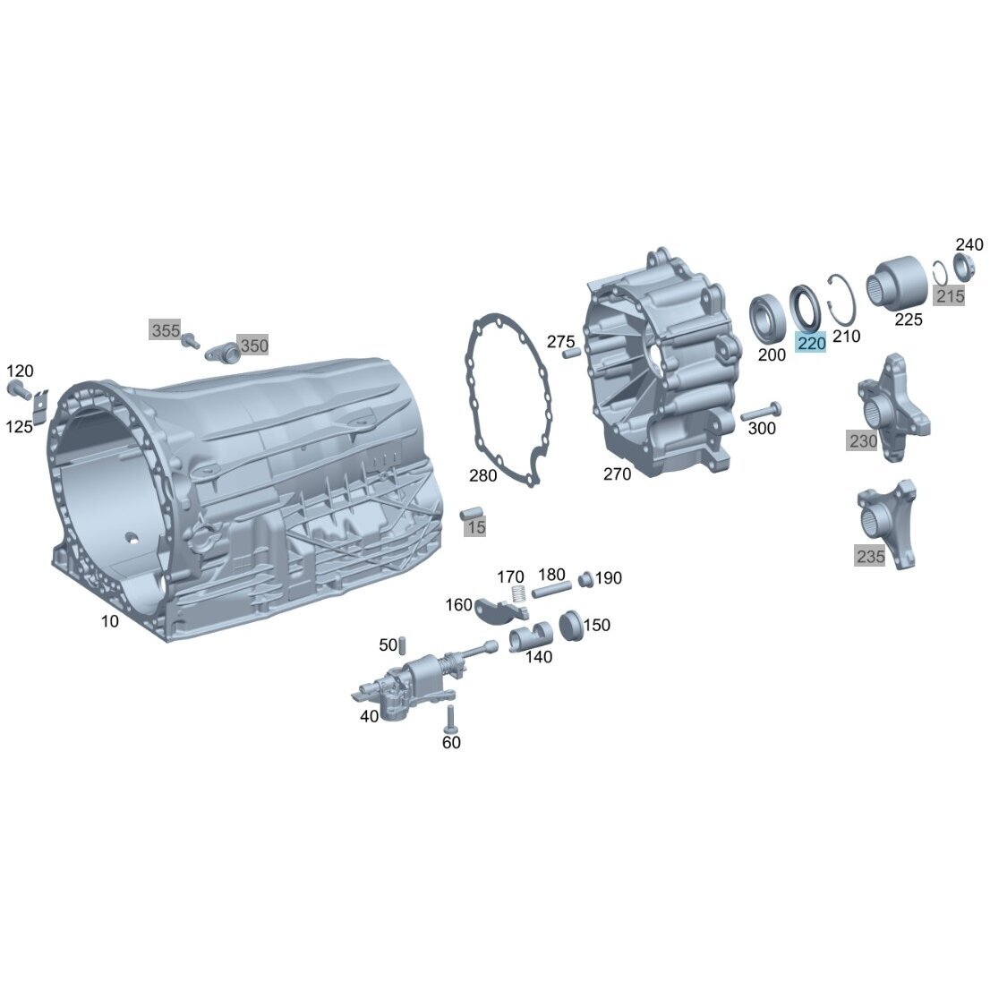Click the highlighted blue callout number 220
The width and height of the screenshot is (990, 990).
click(811, 344)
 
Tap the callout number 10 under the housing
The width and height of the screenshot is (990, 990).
click(110, 622)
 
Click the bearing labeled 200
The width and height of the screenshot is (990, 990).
click(766, 319)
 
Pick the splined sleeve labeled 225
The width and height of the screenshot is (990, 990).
click(896, 283)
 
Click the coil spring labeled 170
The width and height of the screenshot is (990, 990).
click(518, 594)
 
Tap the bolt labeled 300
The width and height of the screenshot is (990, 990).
click(761, 411)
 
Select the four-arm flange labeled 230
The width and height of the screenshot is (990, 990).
click(892, 406)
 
